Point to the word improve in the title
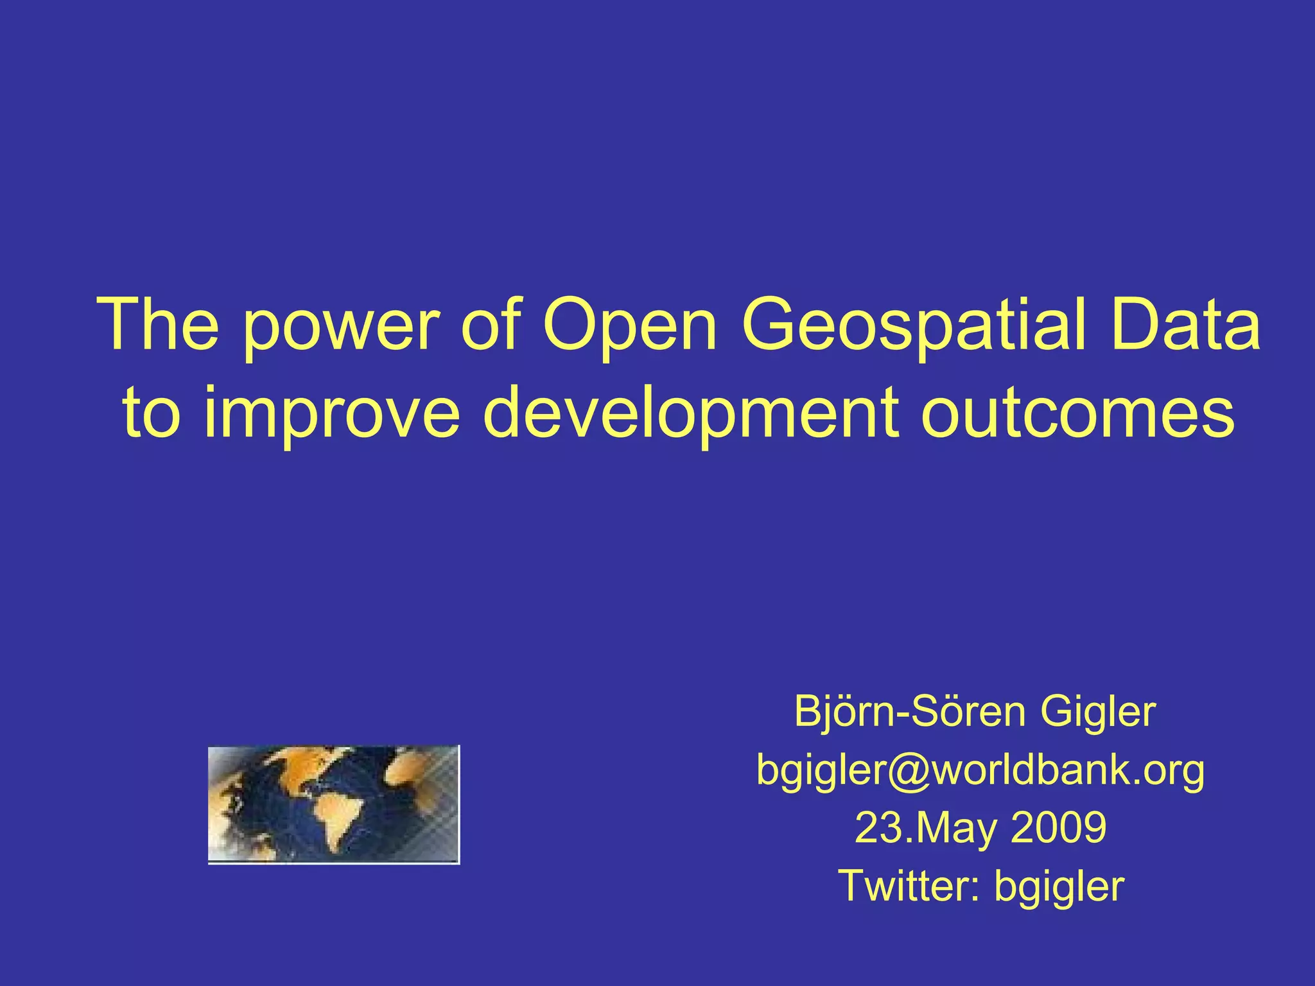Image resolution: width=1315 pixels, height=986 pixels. pyautogui.click(x=331, y=415)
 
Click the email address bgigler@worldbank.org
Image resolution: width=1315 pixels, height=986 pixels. pyautogui.click(x=980, y=770)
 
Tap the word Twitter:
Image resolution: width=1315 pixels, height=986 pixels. pyautogui.click(x=909, y=886)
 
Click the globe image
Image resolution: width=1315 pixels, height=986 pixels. pyautogui.click(x=334, y=804)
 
